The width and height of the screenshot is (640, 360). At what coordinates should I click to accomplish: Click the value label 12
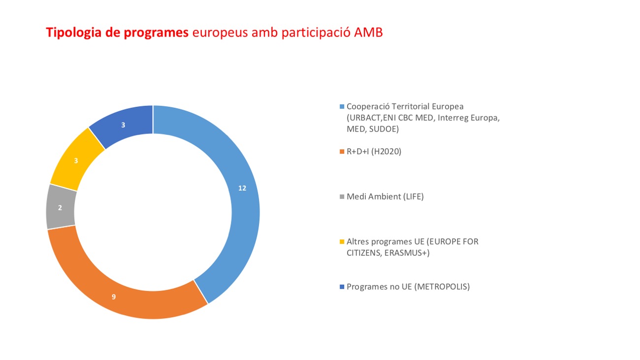[242, 188]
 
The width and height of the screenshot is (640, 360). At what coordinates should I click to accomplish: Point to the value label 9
[114, 296]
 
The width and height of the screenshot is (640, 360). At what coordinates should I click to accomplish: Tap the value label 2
[60, 208]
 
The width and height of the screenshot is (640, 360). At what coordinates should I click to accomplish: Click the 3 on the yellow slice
[75, 161]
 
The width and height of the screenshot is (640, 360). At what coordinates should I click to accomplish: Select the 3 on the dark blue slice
[123, 125]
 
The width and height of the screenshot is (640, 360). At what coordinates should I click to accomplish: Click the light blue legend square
[342, 106]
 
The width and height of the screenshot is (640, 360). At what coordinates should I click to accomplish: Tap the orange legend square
[342, 152]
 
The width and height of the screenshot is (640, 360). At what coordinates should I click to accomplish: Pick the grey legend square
[342, 197]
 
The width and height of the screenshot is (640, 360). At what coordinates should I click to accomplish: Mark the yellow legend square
[342, 242]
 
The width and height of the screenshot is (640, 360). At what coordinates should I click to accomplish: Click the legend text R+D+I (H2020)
[374, 152]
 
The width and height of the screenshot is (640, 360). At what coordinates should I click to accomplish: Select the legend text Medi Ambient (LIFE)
[385, 197]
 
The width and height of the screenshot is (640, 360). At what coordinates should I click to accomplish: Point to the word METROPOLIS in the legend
[442, 287]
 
